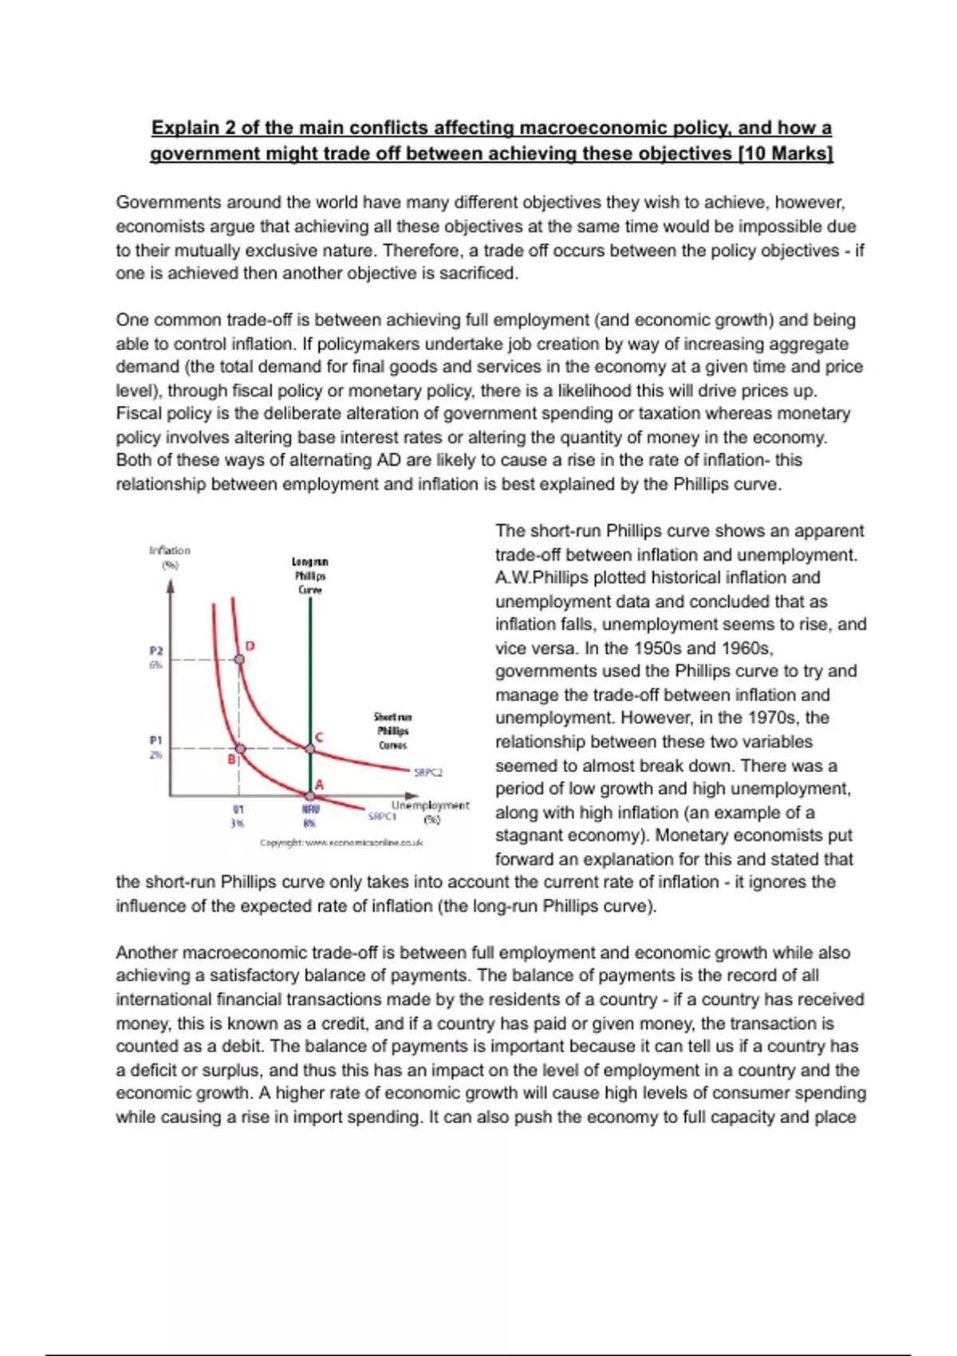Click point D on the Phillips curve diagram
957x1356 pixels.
(x=239, y=660)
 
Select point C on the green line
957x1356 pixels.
(x=310, y=748)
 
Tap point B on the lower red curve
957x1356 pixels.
(x=240, y=749)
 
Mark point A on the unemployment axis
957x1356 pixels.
(x=310, y=794)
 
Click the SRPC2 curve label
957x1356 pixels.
(x=427, y=772)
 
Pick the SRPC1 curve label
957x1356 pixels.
(x=382, y=816)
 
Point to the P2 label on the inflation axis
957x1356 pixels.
(x=156, y=651)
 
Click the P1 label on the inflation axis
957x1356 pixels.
(x=156, y=740)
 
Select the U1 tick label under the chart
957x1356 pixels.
(x=238, y=810)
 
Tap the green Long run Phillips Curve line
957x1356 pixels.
(x=310, y=678)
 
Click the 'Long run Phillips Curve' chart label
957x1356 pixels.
(x=310, y=575)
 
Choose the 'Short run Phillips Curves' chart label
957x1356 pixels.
(x=393, y=731)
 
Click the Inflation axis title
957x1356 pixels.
(x=170, y=550)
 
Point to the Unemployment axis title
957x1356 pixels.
(x=430, y=806)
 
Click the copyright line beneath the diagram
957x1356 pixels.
(x=341, y=842)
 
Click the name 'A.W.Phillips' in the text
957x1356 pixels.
(x=538, y=577)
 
